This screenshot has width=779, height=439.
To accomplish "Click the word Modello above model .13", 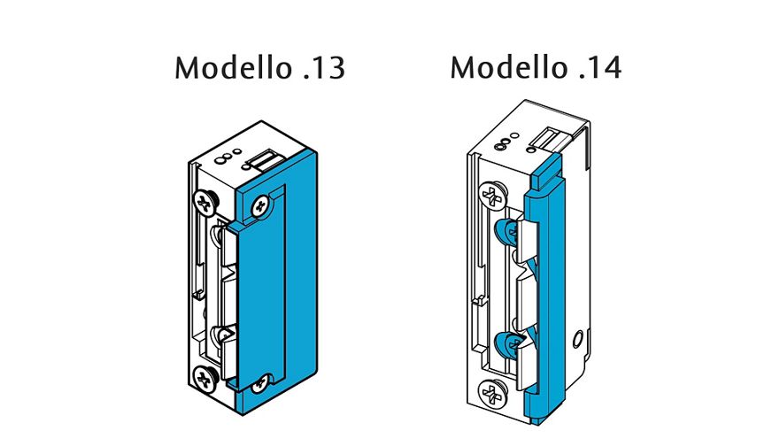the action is [233, 67].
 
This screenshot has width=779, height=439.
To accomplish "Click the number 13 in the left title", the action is [328, 68].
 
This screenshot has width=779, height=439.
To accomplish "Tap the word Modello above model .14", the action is [508, 67].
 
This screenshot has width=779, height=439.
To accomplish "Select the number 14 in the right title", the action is [605, 67].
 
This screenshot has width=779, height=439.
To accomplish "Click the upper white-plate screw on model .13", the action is [204, 201].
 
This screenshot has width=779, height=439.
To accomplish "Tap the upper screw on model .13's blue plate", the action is [260, 206].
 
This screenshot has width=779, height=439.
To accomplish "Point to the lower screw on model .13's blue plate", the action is [259, 383].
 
